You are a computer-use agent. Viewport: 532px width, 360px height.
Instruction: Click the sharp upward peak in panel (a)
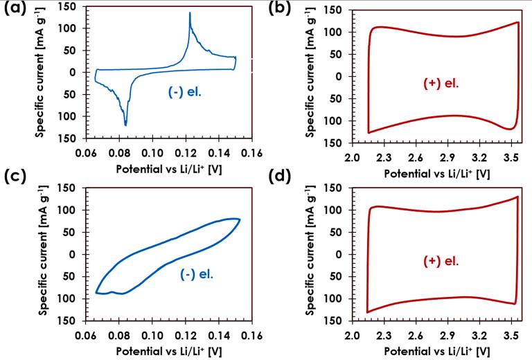[x=189, y=13]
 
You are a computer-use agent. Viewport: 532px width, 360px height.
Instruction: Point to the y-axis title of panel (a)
[x=42, y=73]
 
